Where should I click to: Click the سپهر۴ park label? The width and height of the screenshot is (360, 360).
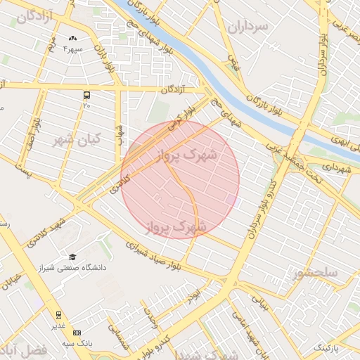pyautogui.click(x=73, y=49)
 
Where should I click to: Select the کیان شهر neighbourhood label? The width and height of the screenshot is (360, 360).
pyautogui.click(x=77, y=138)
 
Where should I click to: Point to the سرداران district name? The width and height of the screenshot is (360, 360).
pyautogui.click(x=248, y=28)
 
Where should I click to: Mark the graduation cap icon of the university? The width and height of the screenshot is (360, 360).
pyautogui.click(x=72, y=257)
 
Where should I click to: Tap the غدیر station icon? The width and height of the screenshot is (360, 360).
pyautogui.click(x=58, y=315)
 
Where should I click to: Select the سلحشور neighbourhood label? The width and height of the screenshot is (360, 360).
pyautogui.click(x=316, y=272)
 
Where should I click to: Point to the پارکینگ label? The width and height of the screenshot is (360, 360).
pyautogui.click(x=326, y=348)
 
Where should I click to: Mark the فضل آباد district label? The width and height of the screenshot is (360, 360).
pyautogui.click(x=24, y=349)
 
